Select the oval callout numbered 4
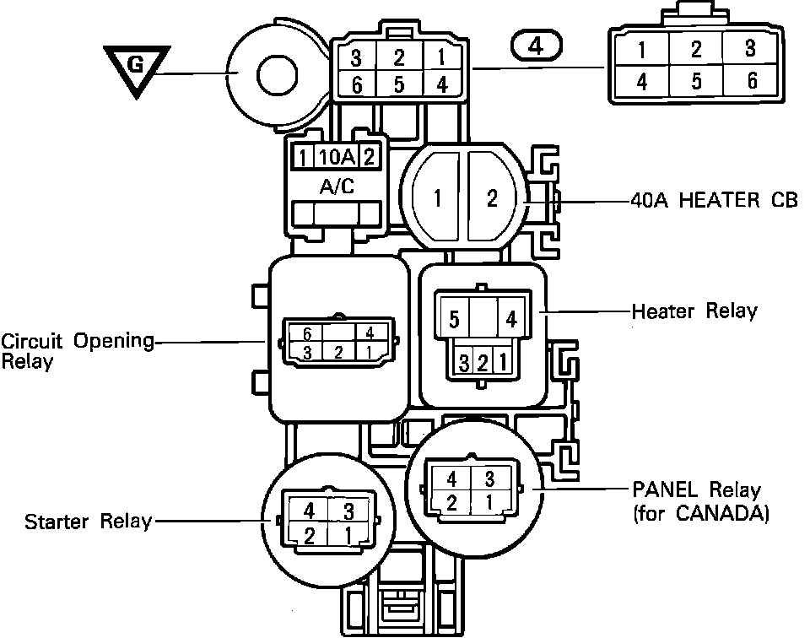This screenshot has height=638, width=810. click(x=537, y=46)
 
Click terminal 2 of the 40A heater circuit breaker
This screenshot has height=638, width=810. click(x=493, y=199)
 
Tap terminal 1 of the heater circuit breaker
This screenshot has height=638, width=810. click(x=437, y=199)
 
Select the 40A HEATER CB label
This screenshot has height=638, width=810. click(x=714, y=201)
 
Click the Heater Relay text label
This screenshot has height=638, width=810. click(x=694, y=311)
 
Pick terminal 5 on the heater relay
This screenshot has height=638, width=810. click(x=454, y=321)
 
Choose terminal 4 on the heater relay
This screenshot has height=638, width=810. click(x=510, y=321)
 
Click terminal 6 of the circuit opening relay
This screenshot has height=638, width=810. click(x=308, y=333)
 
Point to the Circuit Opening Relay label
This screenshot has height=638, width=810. click(x=77, y=351)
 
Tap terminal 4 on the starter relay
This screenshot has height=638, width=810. click(x=309, y=511)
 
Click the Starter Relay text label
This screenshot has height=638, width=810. click(x=88, y=521)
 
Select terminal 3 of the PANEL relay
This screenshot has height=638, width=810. click(x=489, y=478)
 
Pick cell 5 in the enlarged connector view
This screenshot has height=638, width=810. click(x=696, y=82)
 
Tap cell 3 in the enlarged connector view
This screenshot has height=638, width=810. click(x=750, y=48)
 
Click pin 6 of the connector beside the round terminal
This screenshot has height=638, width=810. click(x=357, y=84)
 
